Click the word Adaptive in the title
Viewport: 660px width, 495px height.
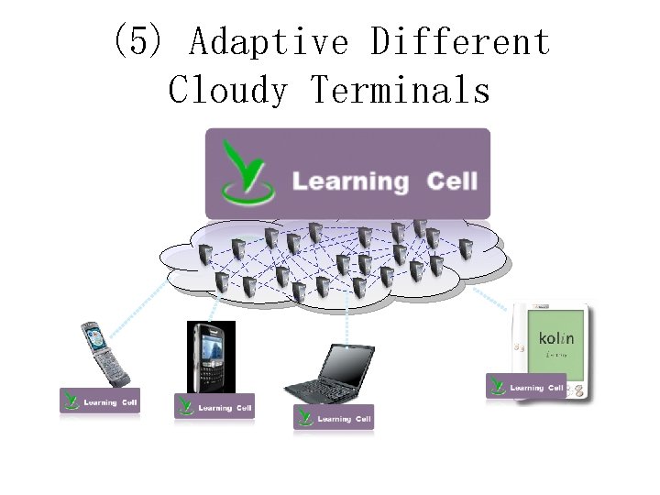coord(269,42)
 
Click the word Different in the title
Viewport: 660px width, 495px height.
coord(460,42)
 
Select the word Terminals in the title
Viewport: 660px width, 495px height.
coord(401,90)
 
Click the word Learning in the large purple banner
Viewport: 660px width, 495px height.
coord(349,181)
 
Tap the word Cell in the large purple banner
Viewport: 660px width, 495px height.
coord(452,181)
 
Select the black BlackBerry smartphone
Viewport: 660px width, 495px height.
coord(211,357)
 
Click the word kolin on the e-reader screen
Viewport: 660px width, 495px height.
coord(556,338)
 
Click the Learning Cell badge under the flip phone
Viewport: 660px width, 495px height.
coord(100,401)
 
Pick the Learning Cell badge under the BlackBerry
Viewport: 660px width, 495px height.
coord(214,406)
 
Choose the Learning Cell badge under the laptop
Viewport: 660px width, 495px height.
coord(334,417)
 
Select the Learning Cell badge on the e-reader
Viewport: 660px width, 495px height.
coord(525,386)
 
